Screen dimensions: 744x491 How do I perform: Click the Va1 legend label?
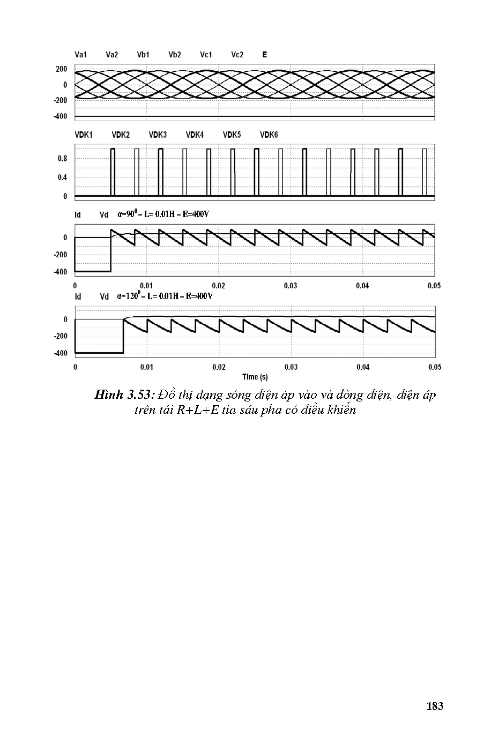coord(81,55)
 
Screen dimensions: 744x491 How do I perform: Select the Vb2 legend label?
coord(175,55)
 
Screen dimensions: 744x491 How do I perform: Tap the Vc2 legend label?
coord(237,55)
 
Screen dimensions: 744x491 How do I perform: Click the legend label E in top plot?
coord(265,55)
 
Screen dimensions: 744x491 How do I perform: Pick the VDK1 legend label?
coord(84,135)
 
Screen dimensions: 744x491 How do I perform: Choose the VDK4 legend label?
coord(195,135)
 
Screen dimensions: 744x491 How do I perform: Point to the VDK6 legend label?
coord(269,135)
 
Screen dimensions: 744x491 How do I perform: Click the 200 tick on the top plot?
coord(62,69)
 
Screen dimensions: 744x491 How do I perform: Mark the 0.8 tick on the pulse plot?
coord(63,159)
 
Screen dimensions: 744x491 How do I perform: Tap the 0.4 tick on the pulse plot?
coord(63,177)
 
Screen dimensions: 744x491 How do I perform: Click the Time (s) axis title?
coord(255,377)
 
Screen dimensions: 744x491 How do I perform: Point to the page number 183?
coord(435,706)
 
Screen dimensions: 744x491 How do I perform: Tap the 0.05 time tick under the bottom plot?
coord(435,367)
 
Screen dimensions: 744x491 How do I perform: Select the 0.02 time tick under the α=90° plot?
coord(219,286)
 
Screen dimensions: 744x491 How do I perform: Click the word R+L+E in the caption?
coord(198,411)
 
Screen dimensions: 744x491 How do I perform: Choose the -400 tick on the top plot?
coord(61,117)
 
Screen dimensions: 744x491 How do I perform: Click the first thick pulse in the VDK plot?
coord(113,172)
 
